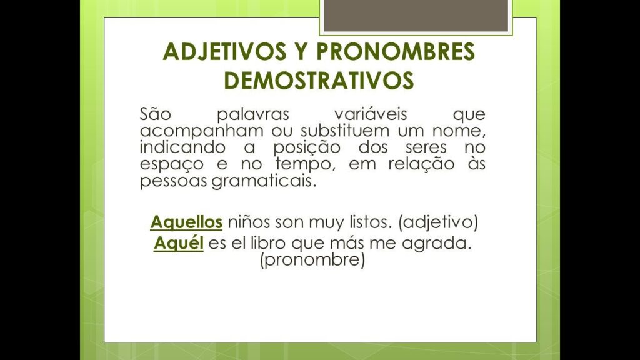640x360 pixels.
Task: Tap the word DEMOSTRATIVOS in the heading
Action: point(319,81)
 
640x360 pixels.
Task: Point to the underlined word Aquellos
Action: point(186,222)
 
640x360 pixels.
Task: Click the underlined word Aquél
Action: point(179,243)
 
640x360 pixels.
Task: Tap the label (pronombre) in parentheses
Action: point(312,259)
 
